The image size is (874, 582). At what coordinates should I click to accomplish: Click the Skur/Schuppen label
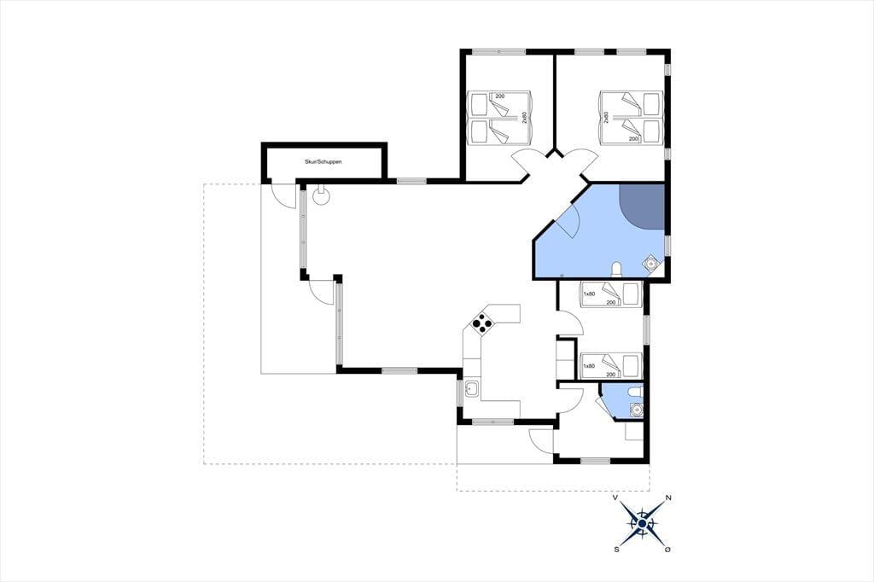[x=323, y=161]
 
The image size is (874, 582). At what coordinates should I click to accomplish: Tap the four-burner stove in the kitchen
[x=482, y=323]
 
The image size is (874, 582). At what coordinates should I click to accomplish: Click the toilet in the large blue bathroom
[x=616, y=270]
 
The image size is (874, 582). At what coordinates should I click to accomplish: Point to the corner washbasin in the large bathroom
[x=650, y=263]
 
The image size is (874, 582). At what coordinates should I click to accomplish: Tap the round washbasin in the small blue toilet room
[x=635, y=410]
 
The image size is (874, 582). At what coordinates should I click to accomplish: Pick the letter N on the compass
[x=668, y=498]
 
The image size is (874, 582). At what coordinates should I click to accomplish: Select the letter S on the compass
[x=616, y=550]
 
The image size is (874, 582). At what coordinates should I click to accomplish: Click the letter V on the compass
[x=615, y=498]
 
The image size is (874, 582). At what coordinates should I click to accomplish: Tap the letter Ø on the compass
[x=667, y=550]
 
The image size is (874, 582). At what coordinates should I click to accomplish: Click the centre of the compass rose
[x=642, y=524]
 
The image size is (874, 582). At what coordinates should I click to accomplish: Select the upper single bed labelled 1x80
[x=611, y=294]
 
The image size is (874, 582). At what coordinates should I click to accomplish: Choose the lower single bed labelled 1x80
[x=611, y=366]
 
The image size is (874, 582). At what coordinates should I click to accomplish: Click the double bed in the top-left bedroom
[x=499, y=118]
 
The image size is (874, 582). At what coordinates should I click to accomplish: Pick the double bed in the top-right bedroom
[x=631, y=118]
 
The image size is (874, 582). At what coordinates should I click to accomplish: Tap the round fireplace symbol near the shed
[x=321, y=195]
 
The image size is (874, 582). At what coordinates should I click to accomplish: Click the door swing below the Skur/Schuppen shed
[x=282, y=196]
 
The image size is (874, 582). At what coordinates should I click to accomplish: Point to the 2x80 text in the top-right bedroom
[x=606, y=118]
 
